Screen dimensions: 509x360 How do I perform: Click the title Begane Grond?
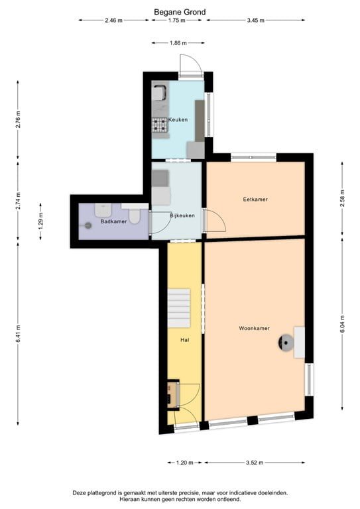tap(180, 12)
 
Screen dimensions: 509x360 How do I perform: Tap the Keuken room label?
tap(178, 120)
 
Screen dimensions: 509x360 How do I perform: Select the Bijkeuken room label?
tap(181, 216)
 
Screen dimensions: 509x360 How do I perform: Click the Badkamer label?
tap(113, 221)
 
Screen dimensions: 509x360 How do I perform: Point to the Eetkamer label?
tap(255, 199)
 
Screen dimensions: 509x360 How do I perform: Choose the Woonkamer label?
tap(254, 328)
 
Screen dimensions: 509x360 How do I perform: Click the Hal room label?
tap(184, 340)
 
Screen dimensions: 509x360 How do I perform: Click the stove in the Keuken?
tap(159, 124)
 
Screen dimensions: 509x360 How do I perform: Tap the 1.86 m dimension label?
tap(178, 43)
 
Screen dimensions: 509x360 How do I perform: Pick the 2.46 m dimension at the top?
tap(113, 21)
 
